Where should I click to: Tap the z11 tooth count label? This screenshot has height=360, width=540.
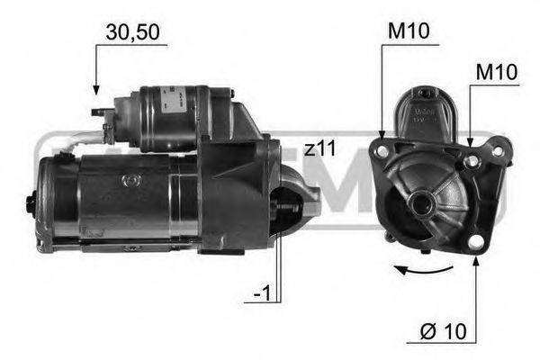[x=320, y=148]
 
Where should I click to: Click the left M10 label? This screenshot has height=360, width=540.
[x=409, y=32]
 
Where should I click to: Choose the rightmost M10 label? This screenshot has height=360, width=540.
[x=497, y=71]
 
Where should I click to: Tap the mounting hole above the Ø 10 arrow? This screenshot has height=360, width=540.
[x=474, y=241]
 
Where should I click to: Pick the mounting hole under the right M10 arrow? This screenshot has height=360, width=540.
[x=470, y=160]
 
